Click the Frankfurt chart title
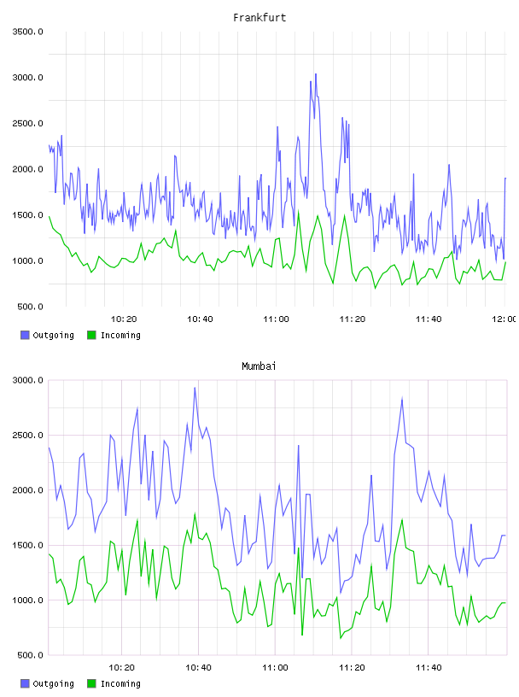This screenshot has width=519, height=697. coord(259,18)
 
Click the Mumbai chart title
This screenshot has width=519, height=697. coord(259,366)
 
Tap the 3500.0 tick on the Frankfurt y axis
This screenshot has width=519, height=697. coord(27,32)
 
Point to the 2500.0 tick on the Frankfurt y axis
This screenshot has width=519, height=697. coord(27,123)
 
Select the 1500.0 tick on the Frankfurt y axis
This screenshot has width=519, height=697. coord(27,215)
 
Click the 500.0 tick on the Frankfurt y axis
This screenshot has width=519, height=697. coord(30,307)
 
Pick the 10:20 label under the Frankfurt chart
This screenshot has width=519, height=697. coord(124,319)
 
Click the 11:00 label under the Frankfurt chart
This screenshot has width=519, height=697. coord(276,319)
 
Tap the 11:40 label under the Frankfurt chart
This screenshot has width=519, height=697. coord(429,319)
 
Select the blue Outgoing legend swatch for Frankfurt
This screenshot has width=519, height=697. coord(25,335)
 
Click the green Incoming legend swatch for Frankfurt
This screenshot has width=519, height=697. coord(91,335)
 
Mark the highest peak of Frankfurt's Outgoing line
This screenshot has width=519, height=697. coord(316,73)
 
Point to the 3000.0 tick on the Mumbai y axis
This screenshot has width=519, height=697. coord(27,380)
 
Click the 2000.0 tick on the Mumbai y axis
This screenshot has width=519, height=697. coord(27,489)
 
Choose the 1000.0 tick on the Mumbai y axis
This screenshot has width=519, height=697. coord(27,600)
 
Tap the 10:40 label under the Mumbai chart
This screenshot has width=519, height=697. coord(198,667)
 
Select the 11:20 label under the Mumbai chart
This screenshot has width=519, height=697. coord(352,667)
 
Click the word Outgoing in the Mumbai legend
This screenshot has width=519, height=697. coord(53,683)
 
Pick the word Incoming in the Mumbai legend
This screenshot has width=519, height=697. coord(120,683)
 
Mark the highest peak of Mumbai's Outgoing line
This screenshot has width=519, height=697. coord(195,388)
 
